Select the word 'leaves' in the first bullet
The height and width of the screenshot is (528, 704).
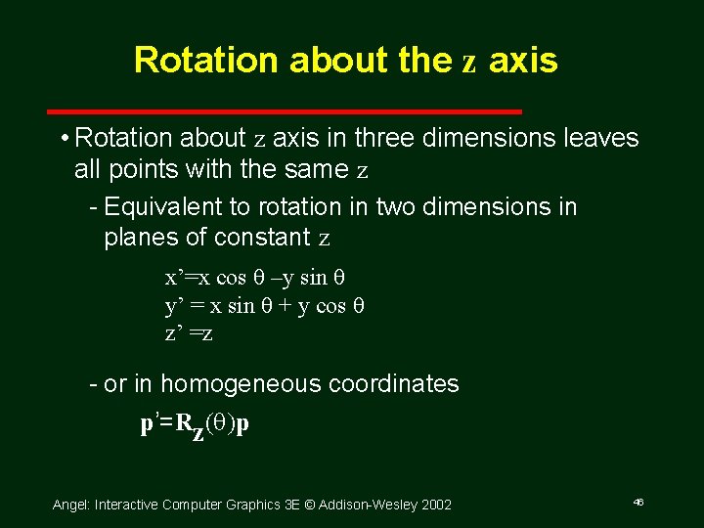pos(601,138)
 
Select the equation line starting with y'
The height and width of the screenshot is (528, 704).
pos(264,305)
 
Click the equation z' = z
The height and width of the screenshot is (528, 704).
pos(189,333)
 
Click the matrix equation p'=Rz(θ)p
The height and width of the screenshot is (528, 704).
pos(195,425)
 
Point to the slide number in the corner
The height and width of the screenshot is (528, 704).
pos(638,502)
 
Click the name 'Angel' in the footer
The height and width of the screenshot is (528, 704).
pos(69,505)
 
